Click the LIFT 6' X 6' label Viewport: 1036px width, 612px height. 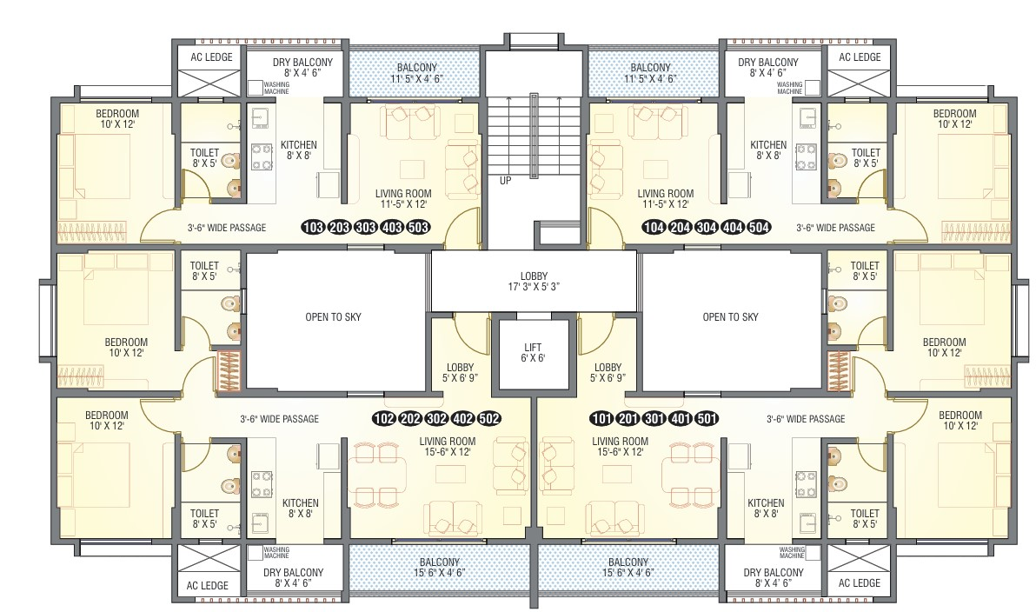(x=533, y=352)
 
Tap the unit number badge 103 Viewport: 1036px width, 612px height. (x=313, y=228)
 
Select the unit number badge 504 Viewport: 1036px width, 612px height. (x=759, y=228)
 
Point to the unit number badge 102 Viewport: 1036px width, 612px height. (x=384, y=418)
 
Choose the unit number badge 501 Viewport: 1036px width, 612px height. (x=707, y=418)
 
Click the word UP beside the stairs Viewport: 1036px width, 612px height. (x=505, y=181)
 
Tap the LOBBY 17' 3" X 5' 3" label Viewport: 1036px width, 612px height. (x=534, y=282)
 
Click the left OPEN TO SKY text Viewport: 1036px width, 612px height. (x=334, y=317)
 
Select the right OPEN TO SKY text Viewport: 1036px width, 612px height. (x=731, y=317)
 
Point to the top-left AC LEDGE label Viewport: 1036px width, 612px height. (x=211, y=57)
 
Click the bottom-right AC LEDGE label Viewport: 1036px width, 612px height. (x=860, y=583)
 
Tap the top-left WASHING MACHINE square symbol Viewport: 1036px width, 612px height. (x=255, y=87)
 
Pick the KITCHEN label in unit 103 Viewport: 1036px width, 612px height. (x=299, y=150)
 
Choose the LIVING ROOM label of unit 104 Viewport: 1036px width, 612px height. (x=666, y=199)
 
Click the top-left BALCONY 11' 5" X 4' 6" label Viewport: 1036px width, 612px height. (x=417, y=73)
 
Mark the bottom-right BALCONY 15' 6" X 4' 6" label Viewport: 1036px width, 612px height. (x=628, y=568)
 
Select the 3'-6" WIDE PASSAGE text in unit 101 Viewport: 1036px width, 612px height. (x=806, y=419)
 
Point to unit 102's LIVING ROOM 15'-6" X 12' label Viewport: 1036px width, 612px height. (x=448, y=447)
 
